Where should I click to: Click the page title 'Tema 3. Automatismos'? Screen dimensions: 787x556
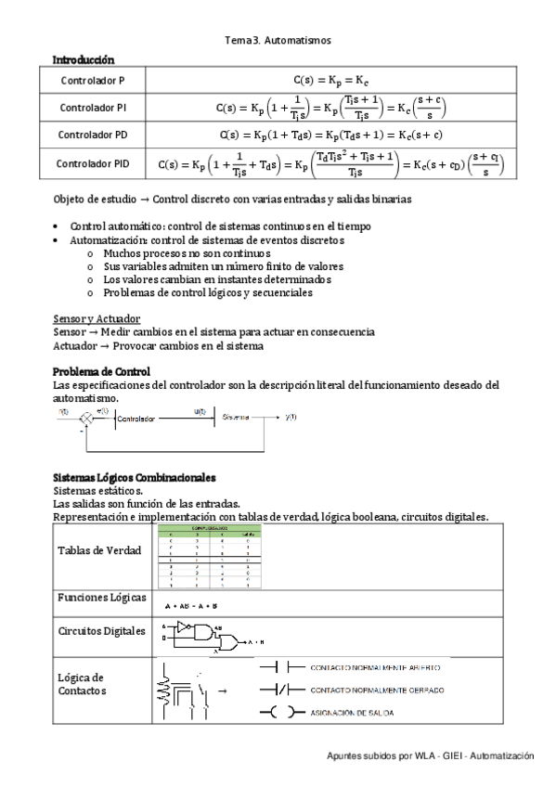tap(278, 42)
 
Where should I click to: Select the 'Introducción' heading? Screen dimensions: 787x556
tap(84, 59)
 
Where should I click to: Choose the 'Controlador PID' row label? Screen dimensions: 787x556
tap(96, 163)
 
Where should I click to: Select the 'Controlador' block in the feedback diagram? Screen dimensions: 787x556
tap(136, 419)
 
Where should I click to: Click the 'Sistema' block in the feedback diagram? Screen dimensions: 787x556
tap(237, 418)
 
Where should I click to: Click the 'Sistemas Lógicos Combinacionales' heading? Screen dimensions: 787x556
tap(135, 478)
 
